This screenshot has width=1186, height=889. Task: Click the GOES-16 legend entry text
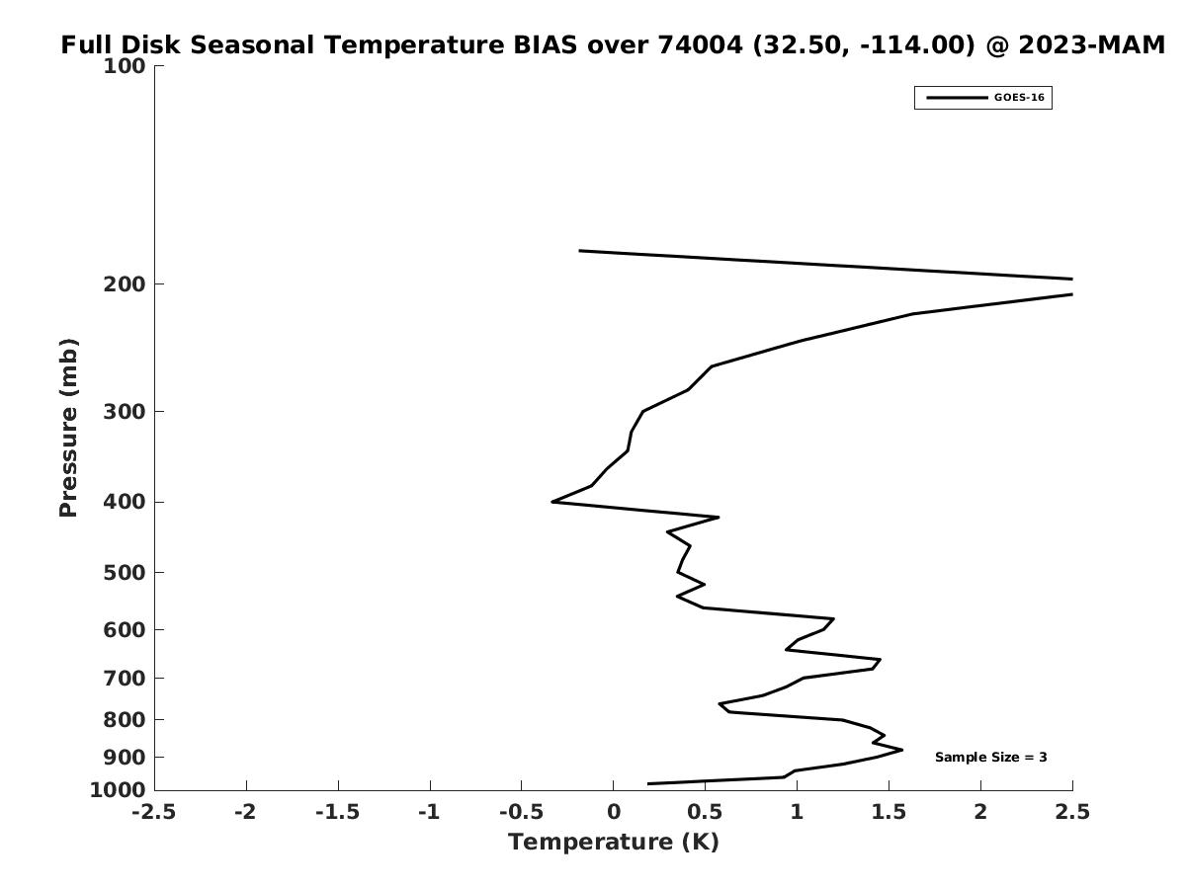pos(1019,98)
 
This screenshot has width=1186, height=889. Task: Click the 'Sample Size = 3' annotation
pos(990,758)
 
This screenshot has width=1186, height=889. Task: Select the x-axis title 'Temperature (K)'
pos(613,842)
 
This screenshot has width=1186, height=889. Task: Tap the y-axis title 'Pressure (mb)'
pos(68,428)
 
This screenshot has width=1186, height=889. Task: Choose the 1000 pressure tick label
pos(118,790)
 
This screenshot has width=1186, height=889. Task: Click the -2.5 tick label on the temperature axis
pos(154,812)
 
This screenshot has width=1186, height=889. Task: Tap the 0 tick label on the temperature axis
pos(613,812)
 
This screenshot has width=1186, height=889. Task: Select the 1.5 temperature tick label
pos(889,812)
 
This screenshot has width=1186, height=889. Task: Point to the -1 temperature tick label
pos(429,812)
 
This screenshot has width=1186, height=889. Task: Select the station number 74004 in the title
pos(701,45)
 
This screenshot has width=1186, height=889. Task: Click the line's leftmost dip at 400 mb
pos(552,502)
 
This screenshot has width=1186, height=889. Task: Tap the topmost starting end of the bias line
pos(580,251)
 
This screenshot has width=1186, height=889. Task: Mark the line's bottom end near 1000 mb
pos(648,783)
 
